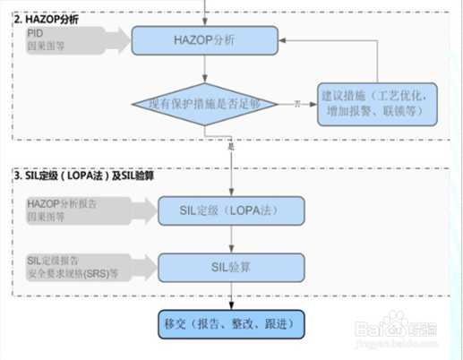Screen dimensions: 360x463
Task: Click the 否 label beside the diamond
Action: point(296,105)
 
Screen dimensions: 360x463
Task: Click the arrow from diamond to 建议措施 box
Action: point(303,105)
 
